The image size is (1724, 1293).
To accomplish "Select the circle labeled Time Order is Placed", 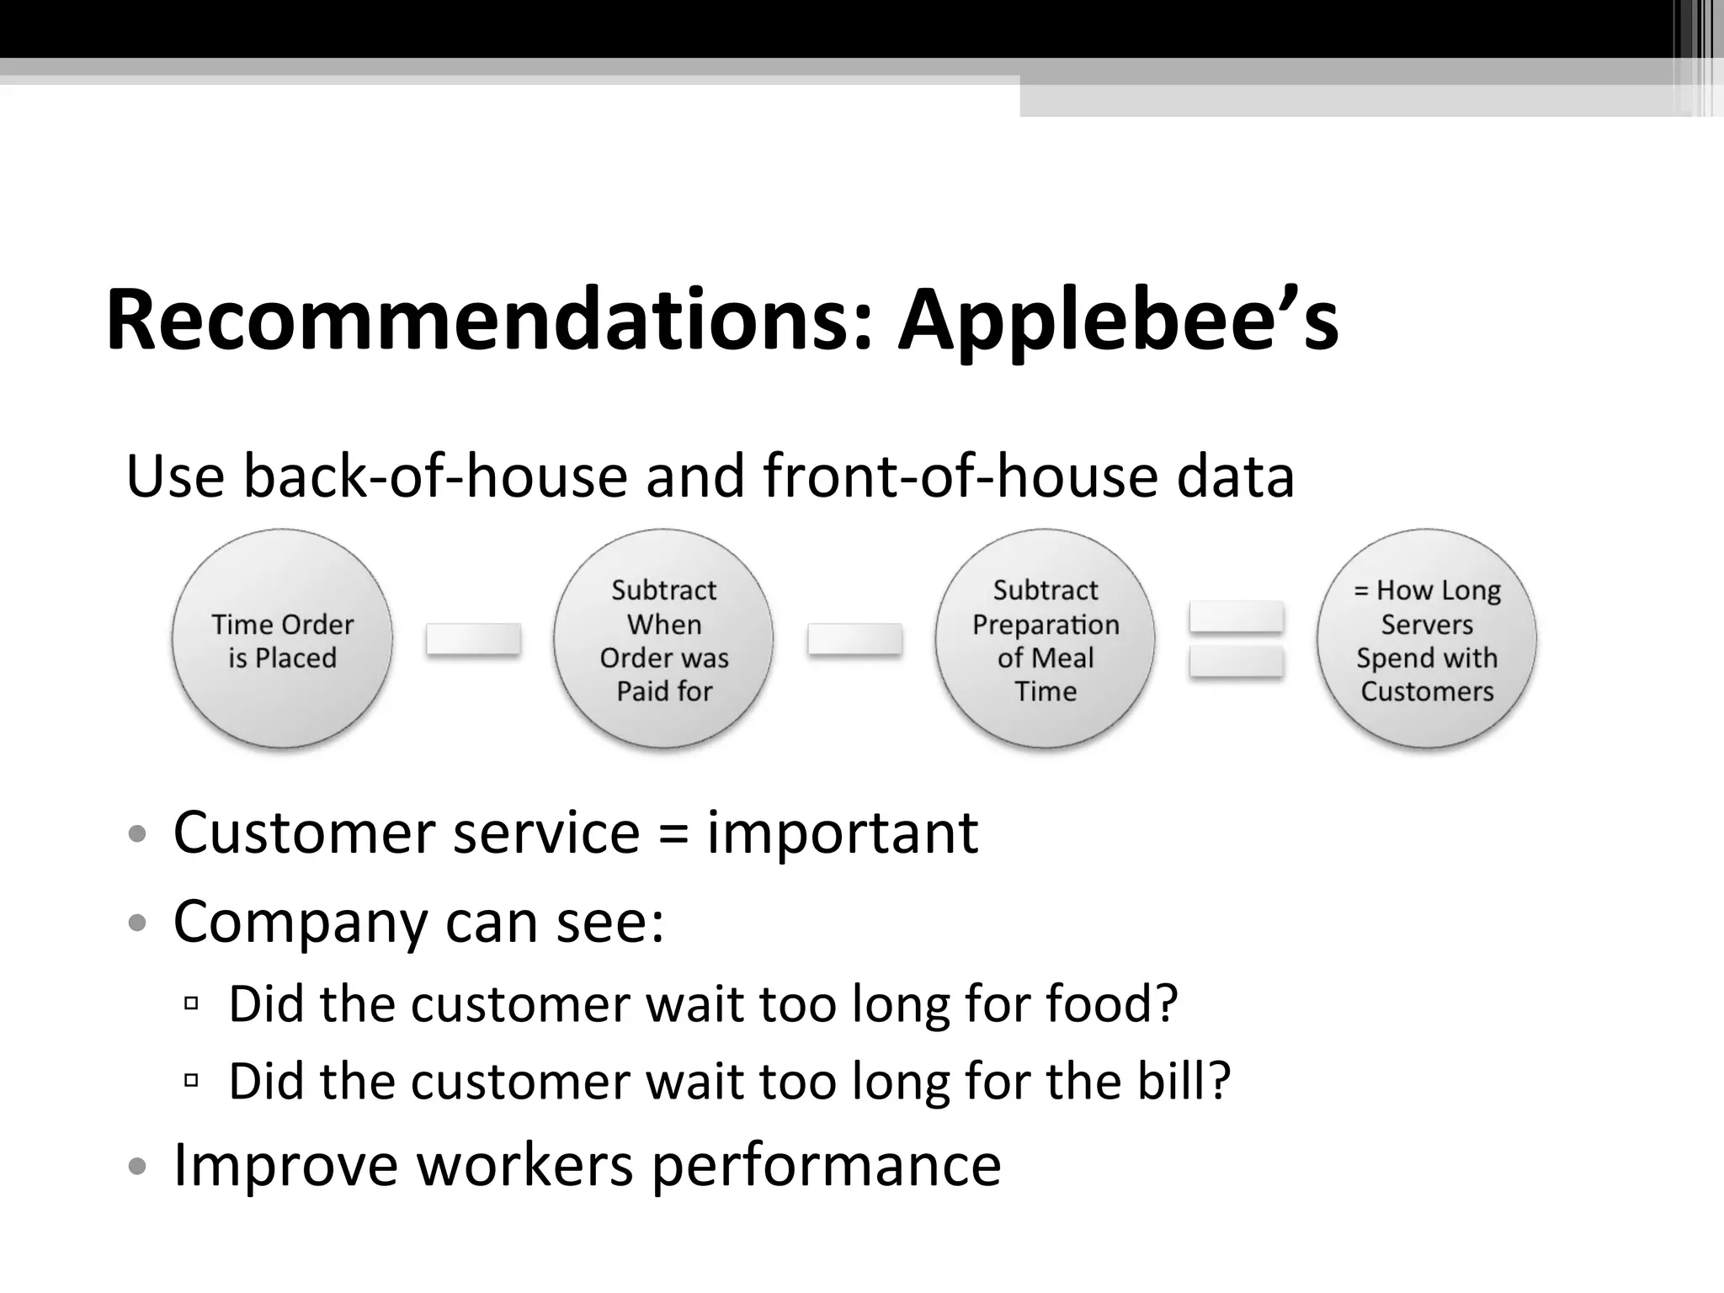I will (282, 639).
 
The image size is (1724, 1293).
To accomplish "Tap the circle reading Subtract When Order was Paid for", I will (663, 639).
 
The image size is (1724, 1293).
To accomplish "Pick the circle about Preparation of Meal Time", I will (1045, 639).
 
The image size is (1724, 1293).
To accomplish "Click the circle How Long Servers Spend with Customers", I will (1427, 639).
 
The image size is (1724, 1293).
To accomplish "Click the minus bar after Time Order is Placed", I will (473, 639).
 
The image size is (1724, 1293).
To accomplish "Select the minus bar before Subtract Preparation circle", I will (854, 639).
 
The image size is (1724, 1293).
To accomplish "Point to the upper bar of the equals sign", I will (1236, 617).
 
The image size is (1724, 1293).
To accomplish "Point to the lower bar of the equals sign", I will (1236, 662).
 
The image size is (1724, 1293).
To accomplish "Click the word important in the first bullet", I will (842, 833).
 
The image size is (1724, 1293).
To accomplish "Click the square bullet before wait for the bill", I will (191, 1079).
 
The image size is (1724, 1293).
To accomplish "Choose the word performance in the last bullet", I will (826, 1166).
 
